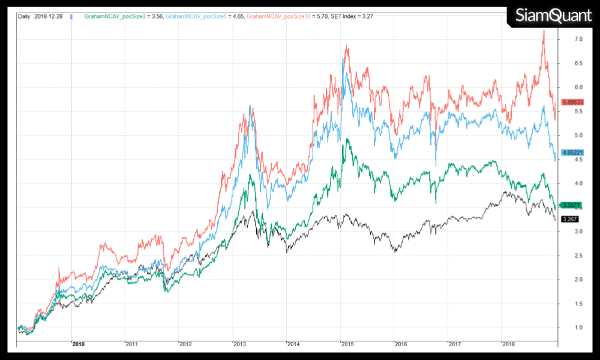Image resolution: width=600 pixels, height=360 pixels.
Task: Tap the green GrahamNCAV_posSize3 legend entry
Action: point(123,16)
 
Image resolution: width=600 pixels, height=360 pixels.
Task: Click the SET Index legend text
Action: point(344,16)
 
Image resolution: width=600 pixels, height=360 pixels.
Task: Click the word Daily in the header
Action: point(25,16)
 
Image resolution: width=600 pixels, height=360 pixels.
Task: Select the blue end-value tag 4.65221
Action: point(572,153)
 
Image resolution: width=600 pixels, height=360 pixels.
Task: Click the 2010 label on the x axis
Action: point(79,344)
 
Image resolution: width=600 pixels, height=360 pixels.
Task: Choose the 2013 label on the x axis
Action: point(240,344)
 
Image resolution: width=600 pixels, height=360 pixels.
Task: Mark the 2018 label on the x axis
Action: point(509,344)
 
